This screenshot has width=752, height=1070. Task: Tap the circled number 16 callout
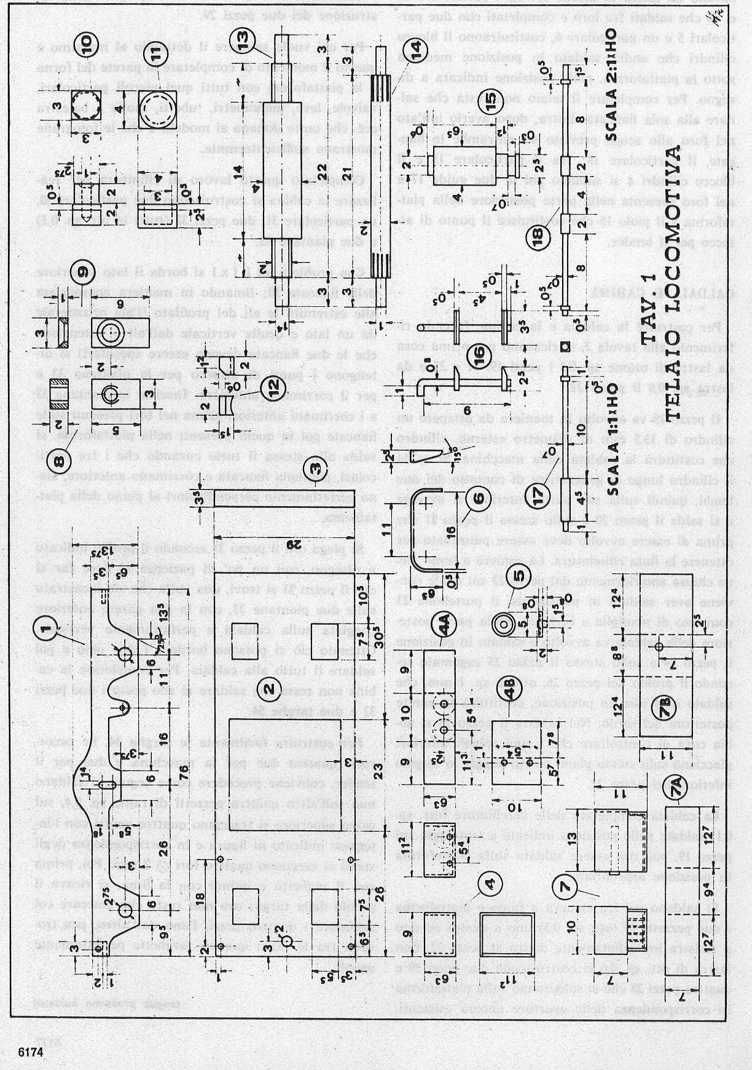484,355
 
